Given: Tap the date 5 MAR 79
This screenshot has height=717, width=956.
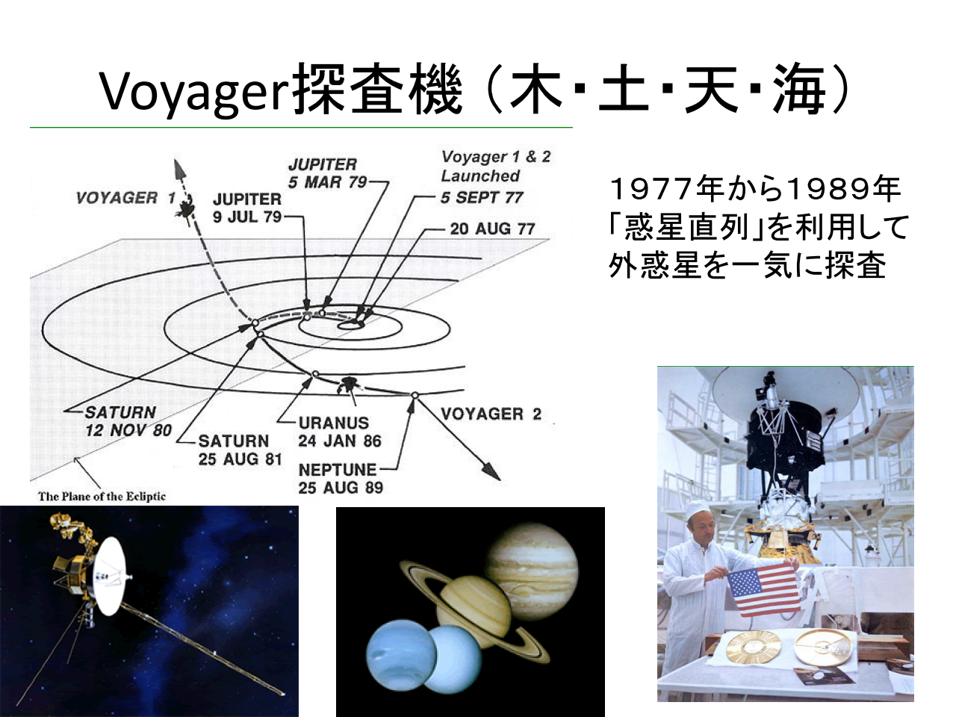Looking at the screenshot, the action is point(328,182).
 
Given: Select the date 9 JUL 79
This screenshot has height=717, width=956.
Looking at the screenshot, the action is point(247,217).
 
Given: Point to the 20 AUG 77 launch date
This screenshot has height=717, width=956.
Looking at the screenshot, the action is point(492,229).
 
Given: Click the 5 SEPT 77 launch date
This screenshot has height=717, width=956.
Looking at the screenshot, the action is point(482,198).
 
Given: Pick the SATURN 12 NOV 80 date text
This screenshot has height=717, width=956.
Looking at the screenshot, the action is point(128,430).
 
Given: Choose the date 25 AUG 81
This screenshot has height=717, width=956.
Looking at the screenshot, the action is point(240,459).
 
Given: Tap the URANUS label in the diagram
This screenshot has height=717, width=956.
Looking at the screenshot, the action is point(334,423).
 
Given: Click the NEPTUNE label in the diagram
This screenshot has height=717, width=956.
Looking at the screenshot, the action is point(338,470).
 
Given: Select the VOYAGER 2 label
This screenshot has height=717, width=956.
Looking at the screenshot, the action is point(491,414).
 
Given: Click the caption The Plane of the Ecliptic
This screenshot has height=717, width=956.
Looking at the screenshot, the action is point(102,496).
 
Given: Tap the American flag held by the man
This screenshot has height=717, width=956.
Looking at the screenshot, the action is point(765,589).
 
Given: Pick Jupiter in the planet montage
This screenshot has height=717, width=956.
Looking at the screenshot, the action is point(533,571).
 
